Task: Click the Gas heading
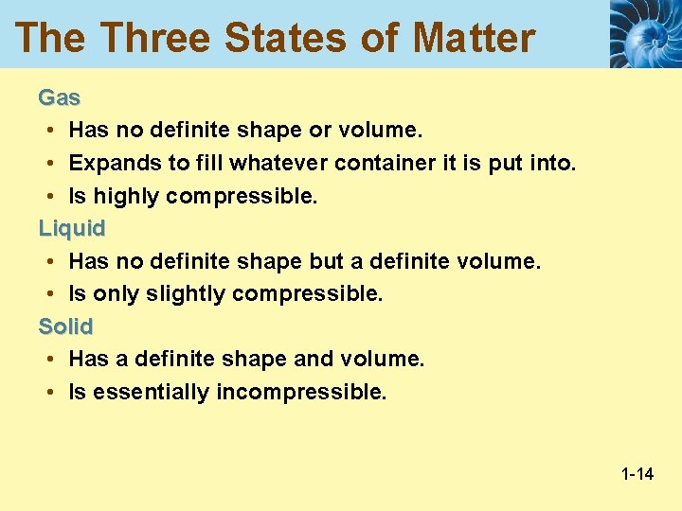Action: point(59,97)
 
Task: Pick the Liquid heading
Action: point(71,228)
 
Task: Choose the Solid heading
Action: point(65,326)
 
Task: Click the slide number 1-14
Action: point(637,473)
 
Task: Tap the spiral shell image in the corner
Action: point(644,34)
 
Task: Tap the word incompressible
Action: point(301,393)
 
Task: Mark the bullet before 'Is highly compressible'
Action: point(47,196)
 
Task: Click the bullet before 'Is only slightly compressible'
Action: point(47,294)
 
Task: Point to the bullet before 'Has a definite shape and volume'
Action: point(47,360)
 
